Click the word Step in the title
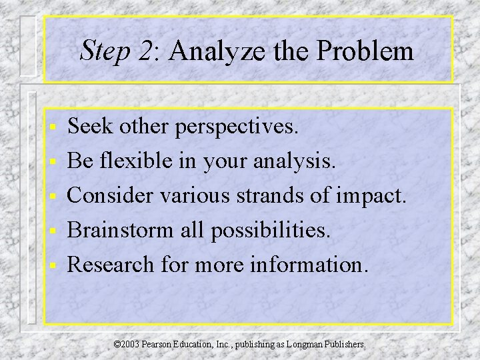103,52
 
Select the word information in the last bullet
309,264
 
